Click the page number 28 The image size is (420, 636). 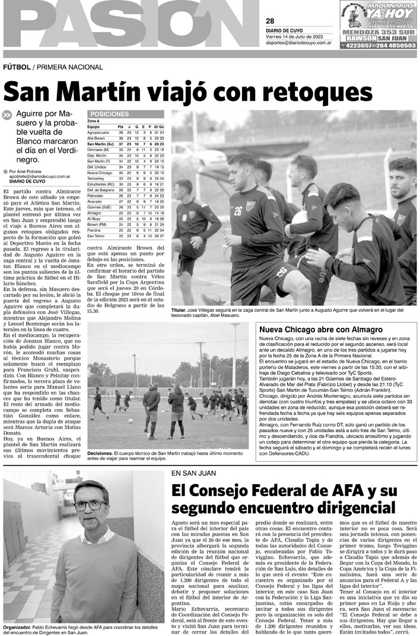point(270,21)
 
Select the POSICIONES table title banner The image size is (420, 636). point(108,114)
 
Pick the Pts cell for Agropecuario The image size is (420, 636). point(120,132)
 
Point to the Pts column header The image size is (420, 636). point(120,126)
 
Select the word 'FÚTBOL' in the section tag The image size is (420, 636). point(16,67)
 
